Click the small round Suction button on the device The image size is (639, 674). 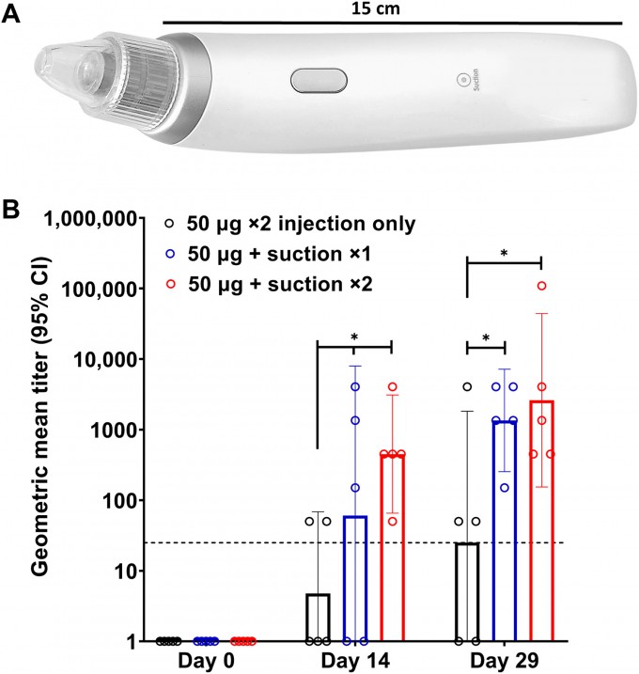[x=460, y=82]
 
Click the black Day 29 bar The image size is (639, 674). [x=467, y=592]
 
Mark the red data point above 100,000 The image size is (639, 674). [x=542, y=286]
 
